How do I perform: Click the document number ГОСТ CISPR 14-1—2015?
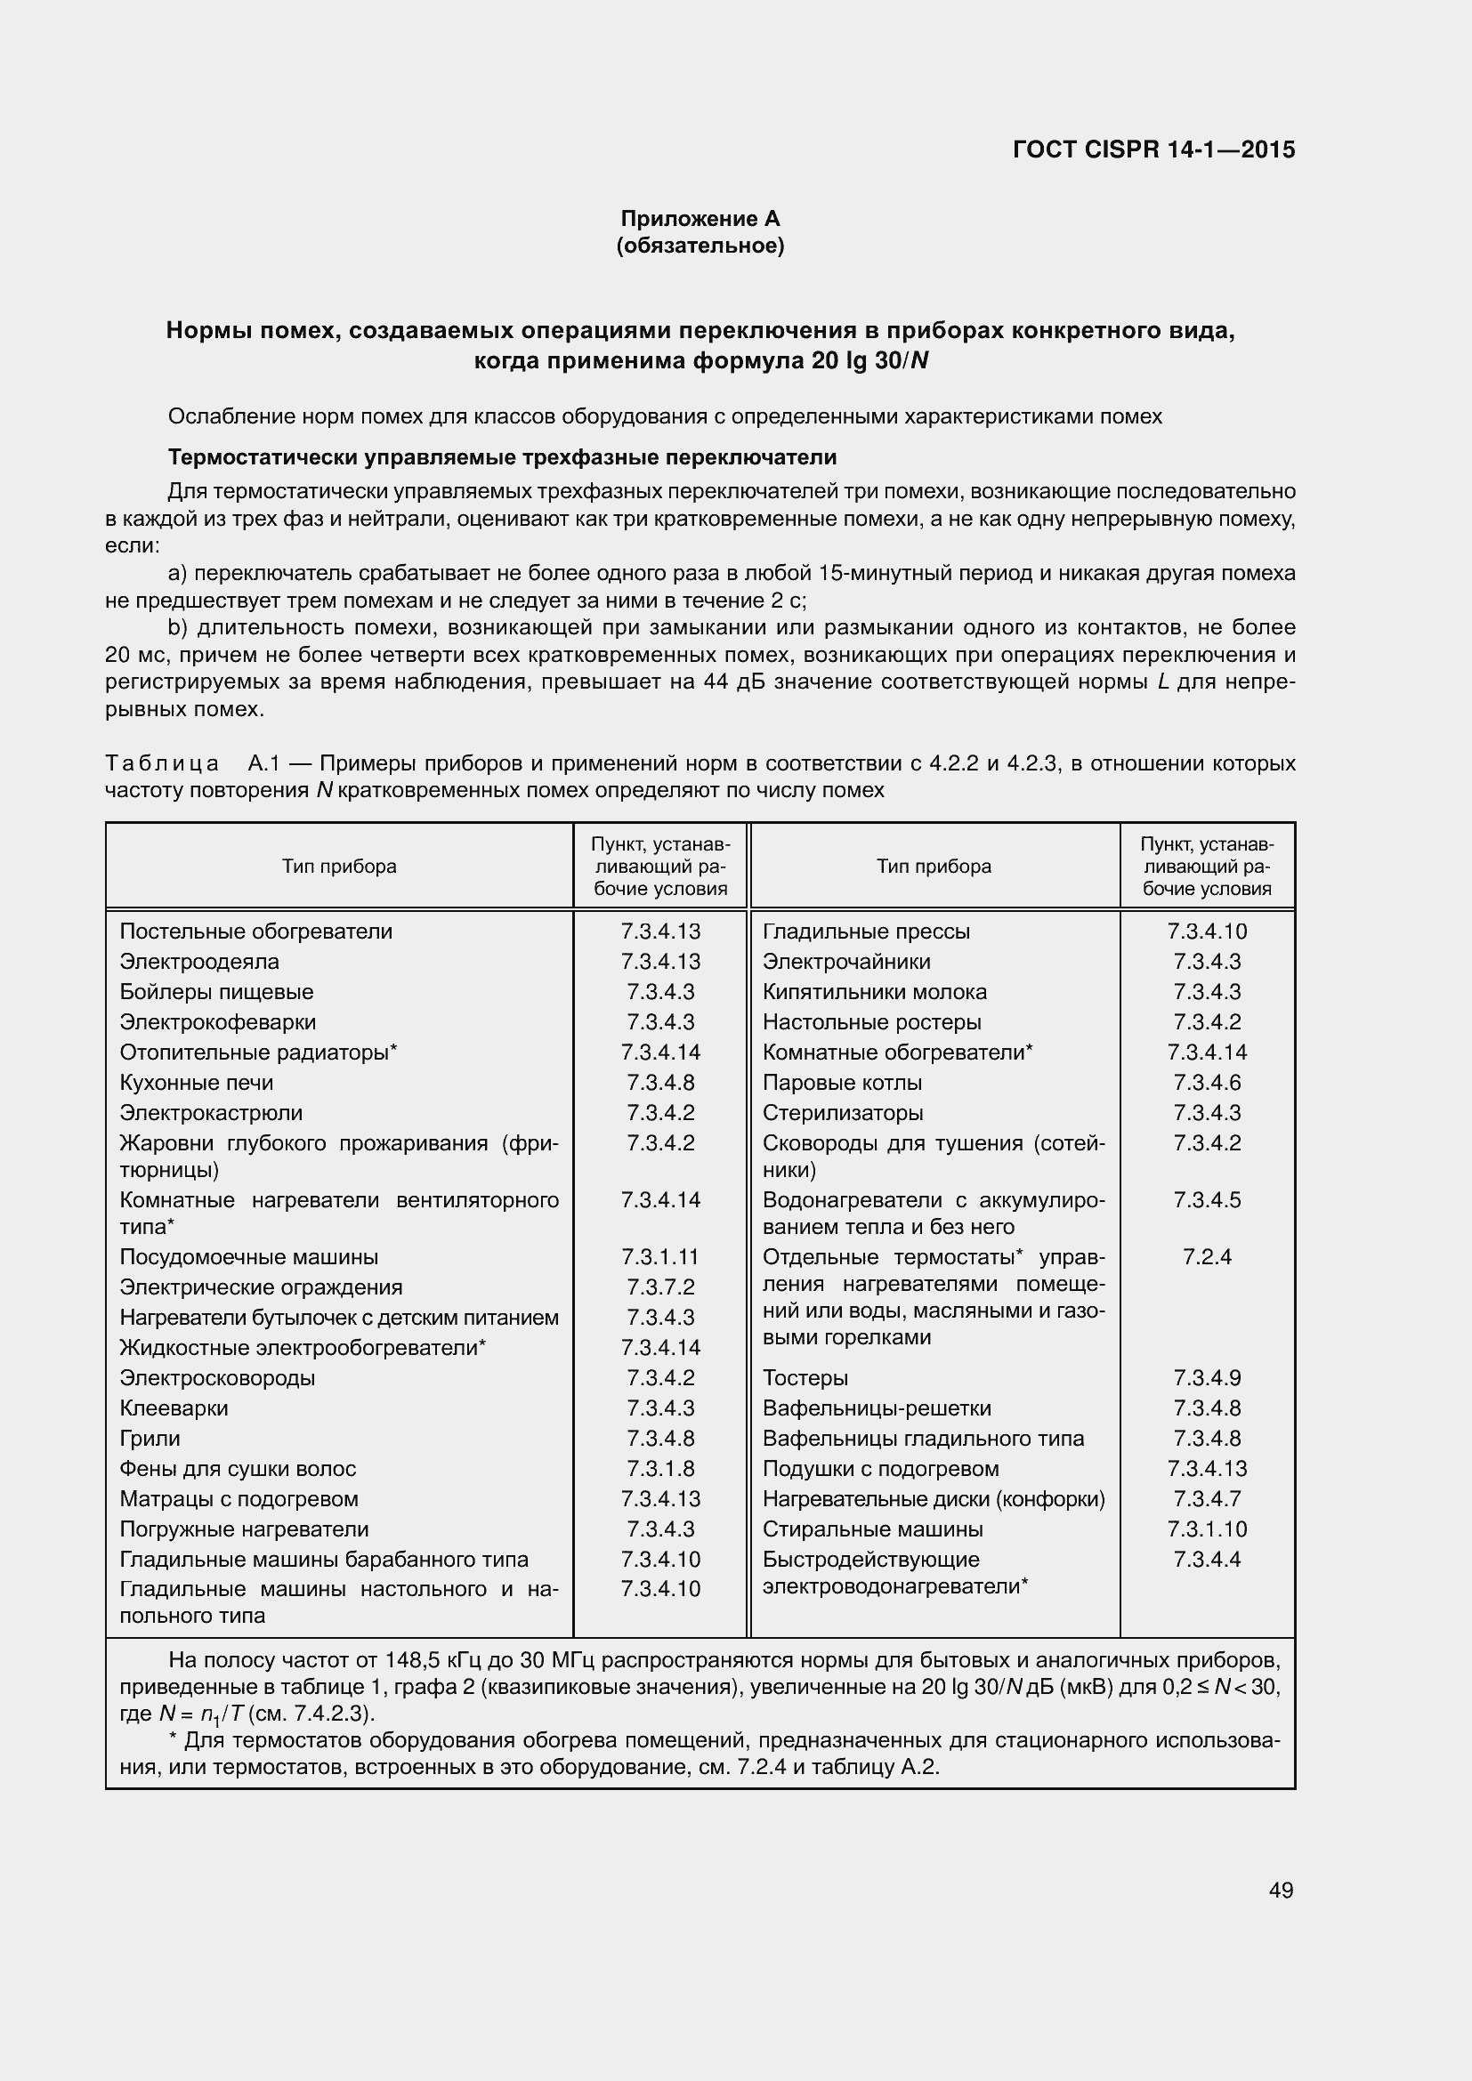(x=1153, y=149)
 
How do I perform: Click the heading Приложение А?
(x=700, y=219)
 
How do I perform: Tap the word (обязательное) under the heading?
(x=700, y=246)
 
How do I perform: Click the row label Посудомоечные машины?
(x=249, y=1257)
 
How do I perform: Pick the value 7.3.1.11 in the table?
(x=659, y=1257)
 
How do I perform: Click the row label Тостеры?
(x=805, y=1377)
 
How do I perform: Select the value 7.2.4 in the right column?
(x=1207, y=1257)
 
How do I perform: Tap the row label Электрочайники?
(x=845, y=962)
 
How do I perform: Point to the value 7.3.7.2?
(x=659, y=1287)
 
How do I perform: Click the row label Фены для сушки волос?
(x=238, y=1468)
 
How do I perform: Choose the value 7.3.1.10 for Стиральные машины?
(x=1207, y=1529)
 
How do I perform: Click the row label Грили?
(x=150, y=1439)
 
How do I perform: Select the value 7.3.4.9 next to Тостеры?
(x=1207, y=1377)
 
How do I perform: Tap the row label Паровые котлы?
(x=842, y=1082)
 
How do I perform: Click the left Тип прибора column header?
(x=339, y=867)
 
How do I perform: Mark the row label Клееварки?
(x=174, y=1408)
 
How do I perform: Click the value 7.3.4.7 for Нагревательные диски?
(x=1207, y=1499)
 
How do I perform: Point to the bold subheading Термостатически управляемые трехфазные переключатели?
(x=502, y=456)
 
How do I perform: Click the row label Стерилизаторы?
(x=842, y=1112)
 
